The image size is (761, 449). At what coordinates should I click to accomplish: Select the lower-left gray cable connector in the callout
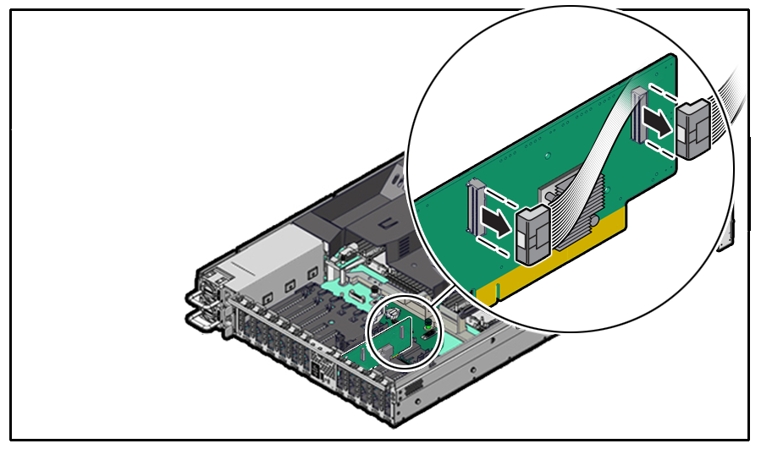point(534,233)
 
